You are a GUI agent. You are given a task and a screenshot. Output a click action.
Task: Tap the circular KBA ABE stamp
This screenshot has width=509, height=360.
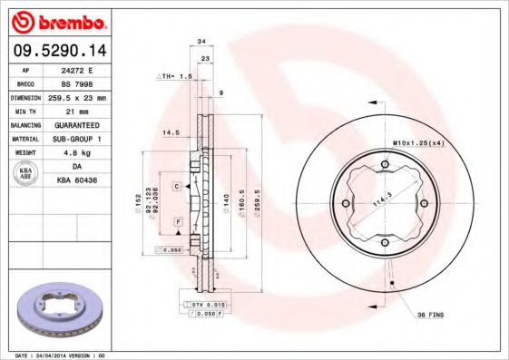click(27, 172)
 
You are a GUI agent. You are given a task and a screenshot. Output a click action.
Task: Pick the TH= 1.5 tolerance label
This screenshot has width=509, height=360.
click(174, 76)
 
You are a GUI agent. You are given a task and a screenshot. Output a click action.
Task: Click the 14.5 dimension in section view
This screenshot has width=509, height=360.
click(168, 132)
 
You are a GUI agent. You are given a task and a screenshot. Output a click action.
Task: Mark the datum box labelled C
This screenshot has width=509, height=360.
click(178, 185)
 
